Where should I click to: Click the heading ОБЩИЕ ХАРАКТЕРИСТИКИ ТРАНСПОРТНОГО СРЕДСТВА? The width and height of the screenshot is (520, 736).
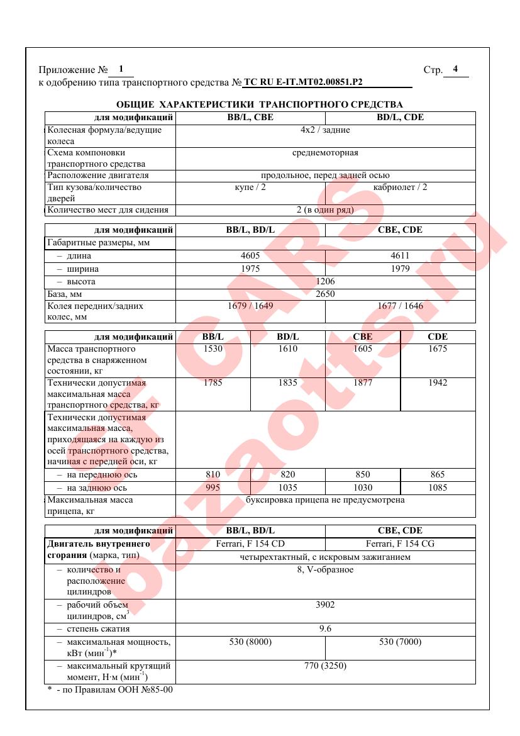click(x=260, y=104)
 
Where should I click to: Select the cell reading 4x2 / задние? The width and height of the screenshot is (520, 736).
click(x=325, y=130)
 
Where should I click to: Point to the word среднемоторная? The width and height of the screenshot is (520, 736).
click(x=325, y=153)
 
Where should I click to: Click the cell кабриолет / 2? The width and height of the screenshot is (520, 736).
click(x=400, y=187)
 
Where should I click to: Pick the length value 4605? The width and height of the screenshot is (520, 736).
click(x=250, y=256)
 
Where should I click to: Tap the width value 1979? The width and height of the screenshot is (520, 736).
click(x=400, y=269)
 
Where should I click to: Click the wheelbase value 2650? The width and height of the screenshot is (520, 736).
click(x=325, y=294)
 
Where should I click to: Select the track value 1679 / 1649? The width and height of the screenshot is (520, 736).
click(x=250, y=306)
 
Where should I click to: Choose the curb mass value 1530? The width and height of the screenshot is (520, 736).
click(x=213, y=348)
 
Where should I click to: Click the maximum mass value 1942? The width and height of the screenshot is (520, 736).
click(x=437, y=382)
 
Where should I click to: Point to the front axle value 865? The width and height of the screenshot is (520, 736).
click(x=437, y=475)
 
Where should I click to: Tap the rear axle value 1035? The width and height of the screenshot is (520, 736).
click(x=287, y=488)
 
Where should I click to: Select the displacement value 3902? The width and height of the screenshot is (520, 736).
click(x=325, y=605)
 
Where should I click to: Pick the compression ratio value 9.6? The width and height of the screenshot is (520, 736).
click(x=325, y=629)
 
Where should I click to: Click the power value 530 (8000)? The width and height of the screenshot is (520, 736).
click(x=250, y=642)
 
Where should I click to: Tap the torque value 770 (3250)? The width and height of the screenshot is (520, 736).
click(x=325, y=666)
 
